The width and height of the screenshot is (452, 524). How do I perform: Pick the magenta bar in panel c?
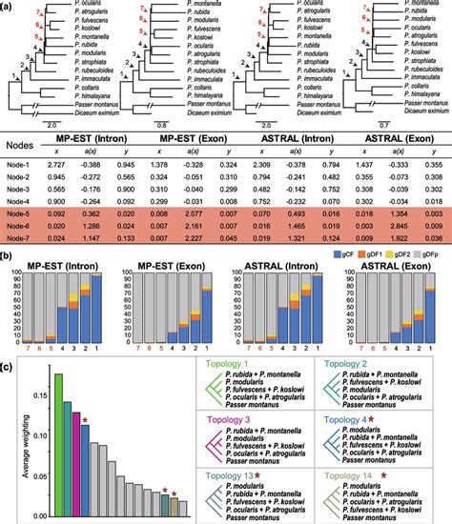point(74,456)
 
